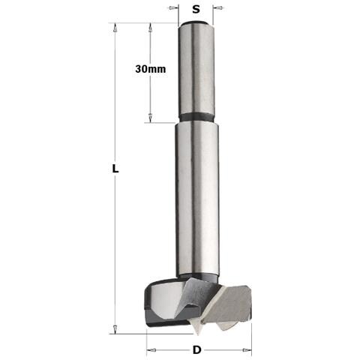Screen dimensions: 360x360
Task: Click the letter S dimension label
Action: [196, 9]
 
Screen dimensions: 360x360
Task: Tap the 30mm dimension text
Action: [151, 69]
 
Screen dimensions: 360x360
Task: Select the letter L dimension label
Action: [115, 169]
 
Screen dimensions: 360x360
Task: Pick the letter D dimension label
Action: [197, 350]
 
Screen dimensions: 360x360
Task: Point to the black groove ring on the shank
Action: [197, 117]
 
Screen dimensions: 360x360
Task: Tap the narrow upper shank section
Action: [196, 70]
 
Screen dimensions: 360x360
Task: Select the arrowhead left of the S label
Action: [172, 8]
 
